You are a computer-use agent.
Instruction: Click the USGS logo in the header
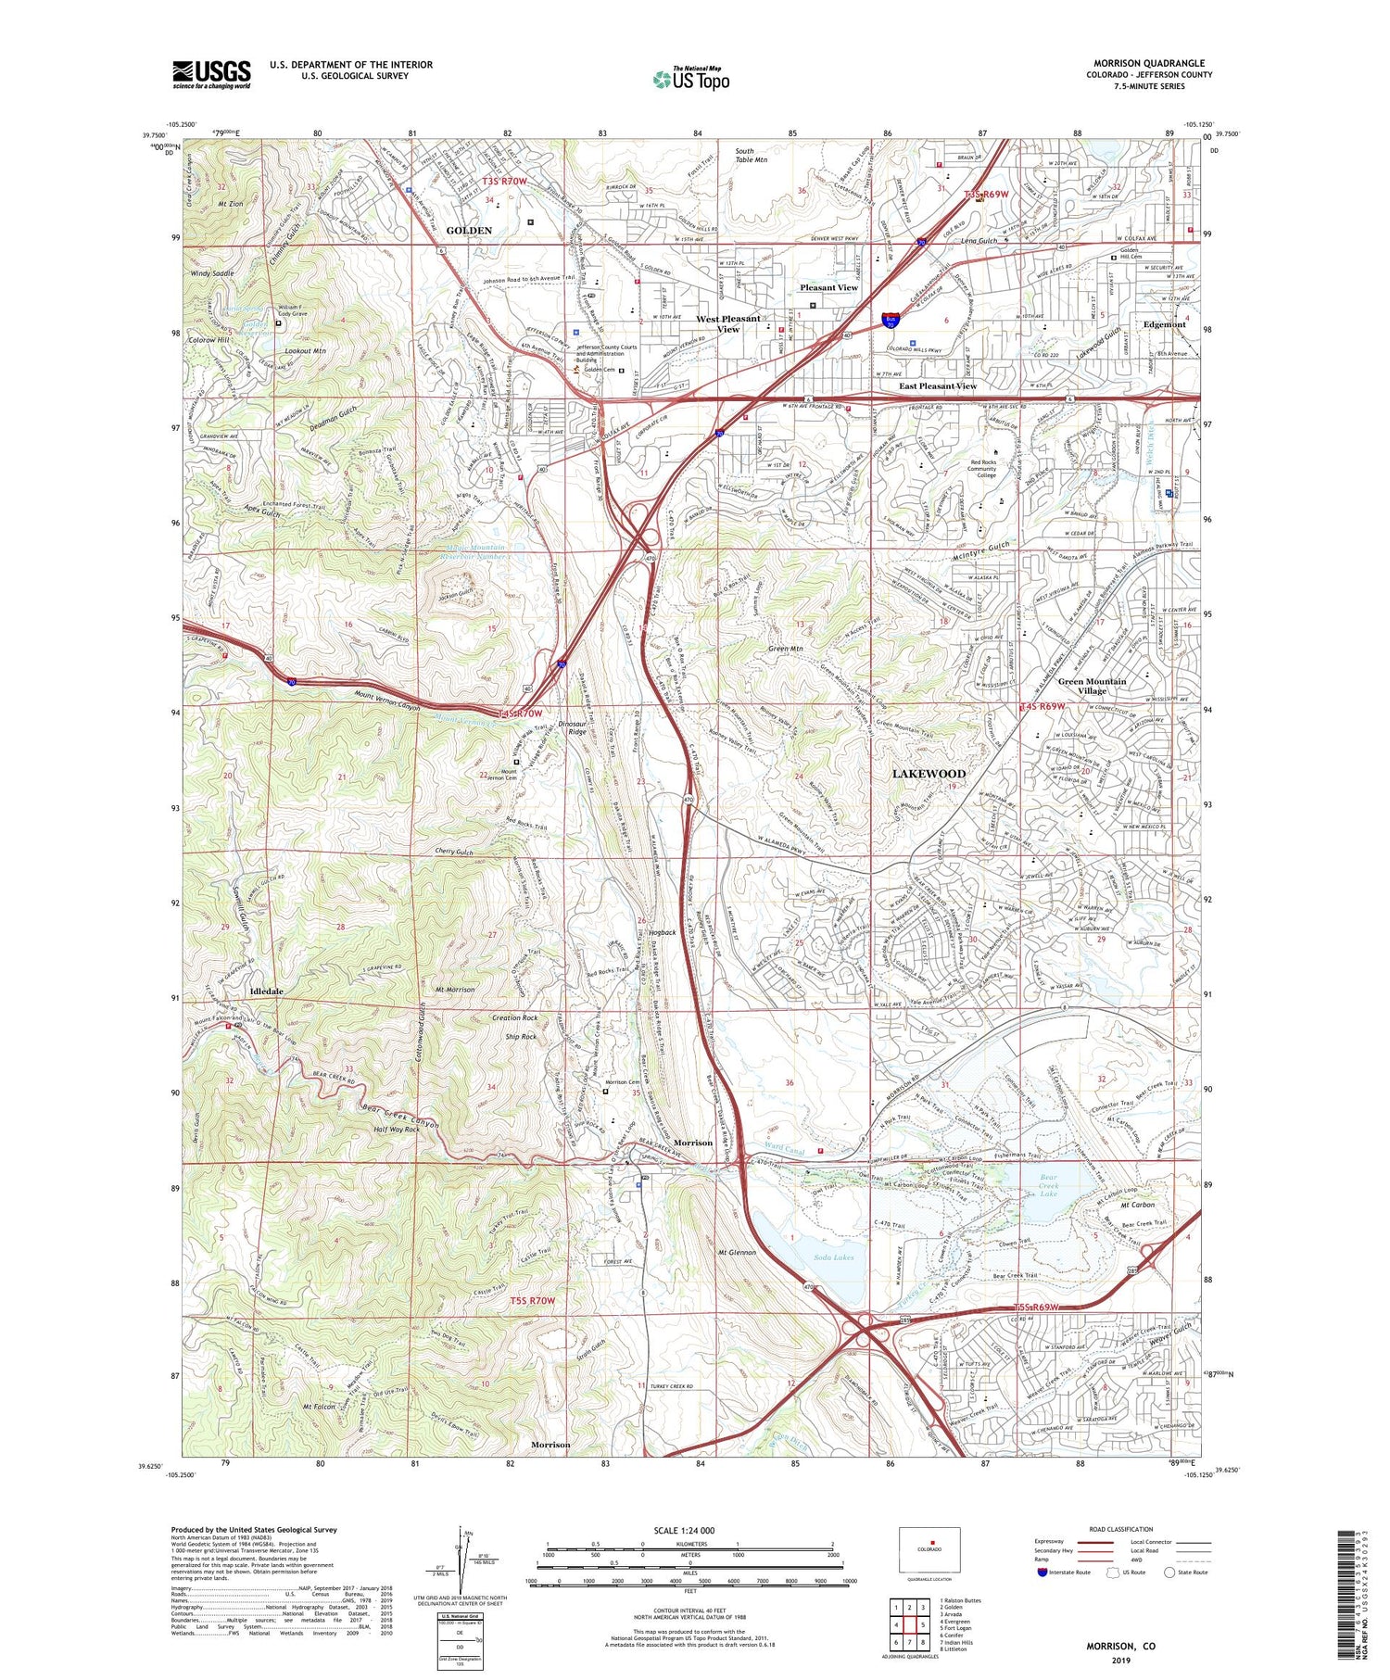pyautogui.click(x=211, y=74)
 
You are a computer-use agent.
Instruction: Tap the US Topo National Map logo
pyautogui.click(x=690, y=79)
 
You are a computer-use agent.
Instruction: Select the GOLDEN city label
pyautogui.click(x=470, y=230)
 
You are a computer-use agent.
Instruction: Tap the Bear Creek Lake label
pyautogui.click(x=1048, y=1186)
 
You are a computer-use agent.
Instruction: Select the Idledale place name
pyautogui.click(x=266, y=992)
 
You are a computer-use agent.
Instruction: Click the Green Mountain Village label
pyautogui.click(x=1092, y=686)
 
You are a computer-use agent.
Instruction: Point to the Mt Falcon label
pyautogui.click(x=317, y=1407)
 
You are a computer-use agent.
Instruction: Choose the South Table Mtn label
pyautogui.click(x=751, y=155)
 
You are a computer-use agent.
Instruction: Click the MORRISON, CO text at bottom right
pyautogui.click(x=1120, y=1646)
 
